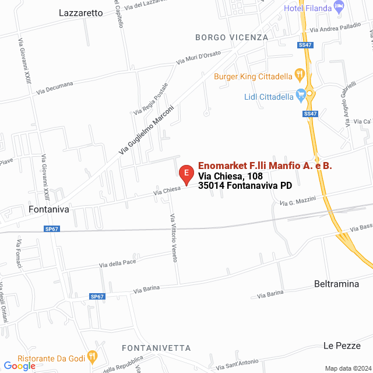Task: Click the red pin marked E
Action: point(185,174)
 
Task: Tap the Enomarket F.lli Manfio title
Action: point(265,166)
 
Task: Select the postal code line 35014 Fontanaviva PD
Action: point(245,186)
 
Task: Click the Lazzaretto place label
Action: point(80,12)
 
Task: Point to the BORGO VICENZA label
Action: point(231,37)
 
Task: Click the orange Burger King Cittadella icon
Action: point(300,74)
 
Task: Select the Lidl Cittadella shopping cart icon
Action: point(301,94)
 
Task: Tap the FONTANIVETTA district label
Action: point(156,348)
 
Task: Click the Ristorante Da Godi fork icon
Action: point(92,356)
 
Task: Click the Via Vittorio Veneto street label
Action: point(173,238)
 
